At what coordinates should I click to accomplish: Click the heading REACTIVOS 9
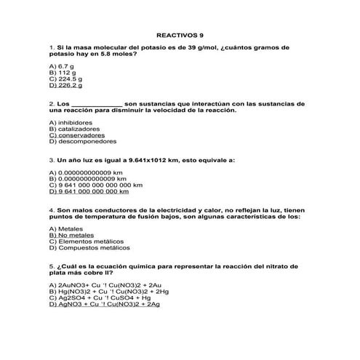(x=180, y=34)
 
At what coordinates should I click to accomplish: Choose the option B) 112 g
(x=63, y=73)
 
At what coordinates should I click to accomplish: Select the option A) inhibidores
(x=71, y=122)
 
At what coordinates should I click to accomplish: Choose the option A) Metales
(x=65, y=229)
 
